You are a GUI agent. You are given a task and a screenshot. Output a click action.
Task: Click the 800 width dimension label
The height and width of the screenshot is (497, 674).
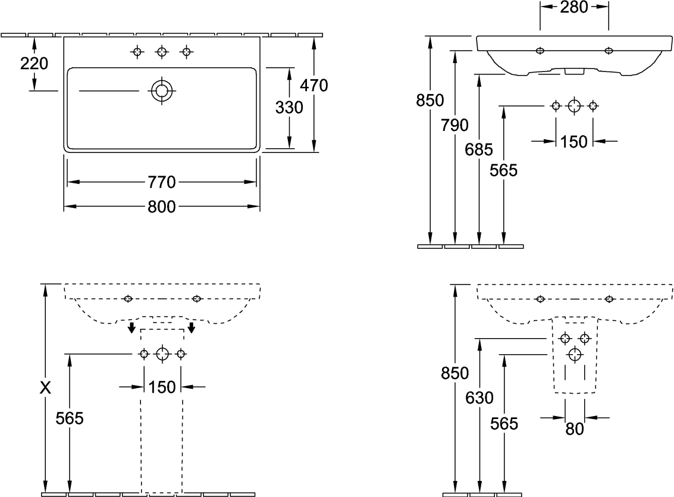pos(162,207)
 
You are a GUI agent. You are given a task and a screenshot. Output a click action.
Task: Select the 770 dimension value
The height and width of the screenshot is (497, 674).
pos(162,182)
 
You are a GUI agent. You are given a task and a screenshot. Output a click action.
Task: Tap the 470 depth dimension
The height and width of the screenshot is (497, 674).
pos(314,86)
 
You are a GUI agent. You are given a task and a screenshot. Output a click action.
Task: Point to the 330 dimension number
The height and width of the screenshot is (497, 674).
pos(289,108)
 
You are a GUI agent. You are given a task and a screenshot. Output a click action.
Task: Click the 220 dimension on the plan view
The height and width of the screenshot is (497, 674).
pos(34,64)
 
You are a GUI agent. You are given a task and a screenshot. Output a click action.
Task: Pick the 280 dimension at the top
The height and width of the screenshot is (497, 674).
pos(574,7)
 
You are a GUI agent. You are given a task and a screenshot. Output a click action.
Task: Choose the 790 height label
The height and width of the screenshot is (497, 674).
pos(454,125)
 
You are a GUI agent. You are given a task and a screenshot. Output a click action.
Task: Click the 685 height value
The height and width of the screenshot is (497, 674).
pos(479,149)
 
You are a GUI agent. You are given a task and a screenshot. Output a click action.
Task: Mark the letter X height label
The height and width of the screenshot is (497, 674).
pos(45,388)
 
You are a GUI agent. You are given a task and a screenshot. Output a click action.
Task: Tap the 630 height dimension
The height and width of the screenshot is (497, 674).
pos(479,398)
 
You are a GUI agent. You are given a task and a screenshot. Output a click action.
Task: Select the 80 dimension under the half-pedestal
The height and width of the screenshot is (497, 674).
pos(575,429)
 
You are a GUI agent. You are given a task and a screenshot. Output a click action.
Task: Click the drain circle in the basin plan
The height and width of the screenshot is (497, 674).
pos(162,90)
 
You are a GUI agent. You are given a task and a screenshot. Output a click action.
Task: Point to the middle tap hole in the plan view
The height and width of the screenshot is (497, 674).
pos(162,52)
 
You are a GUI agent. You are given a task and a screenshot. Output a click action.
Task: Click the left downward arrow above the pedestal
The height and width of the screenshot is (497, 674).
pos(131,327)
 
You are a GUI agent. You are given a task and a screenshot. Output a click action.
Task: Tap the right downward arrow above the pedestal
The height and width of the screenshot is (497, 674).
pos(192,327)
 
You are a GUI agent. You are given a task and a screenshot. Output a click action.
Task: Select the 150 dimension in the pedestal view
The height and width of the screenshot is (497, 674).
pos(162,387)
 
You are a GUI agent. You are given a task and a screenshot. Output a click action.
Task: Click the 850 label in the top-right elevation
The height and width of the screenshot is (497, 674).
pos(430,100)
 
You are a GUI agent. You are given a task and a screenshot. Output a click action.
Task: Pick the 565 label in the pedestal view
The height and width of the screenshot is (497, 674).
pos(70,418)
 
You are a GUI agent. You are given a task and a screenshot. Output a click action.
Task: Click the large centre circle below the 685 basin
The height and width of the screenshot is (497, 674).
pos(574,106)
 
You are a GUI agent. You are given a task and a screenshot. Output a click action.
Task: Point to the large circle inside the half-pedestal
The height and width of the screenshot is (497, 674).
pos(575,355)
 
